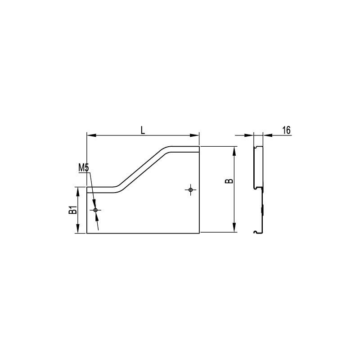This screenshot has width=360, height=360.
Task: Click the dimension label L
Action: [143, 130]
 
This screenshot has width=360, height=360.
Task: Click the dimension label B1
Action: [73, 210]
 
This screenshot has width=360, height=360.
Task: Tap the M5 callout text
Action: [83, 167]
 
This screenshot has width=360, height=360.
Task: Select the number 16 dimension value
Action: [286, 130]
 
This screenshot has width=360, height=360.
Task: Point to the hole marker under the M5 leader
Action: [95, 210]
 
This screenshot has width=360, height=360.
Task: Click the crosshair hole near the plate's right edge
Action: [190, 189]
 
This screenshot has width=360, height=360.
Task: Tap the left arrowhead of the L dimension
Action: [91, 135]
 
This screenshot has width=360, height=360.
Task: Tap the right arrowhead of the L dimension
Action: [194, 135]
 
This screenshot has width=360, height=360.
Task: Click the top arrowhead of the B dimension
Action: [234, 151]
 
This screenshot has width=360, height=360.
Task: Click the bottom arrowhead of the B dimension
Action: [234, 227]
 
